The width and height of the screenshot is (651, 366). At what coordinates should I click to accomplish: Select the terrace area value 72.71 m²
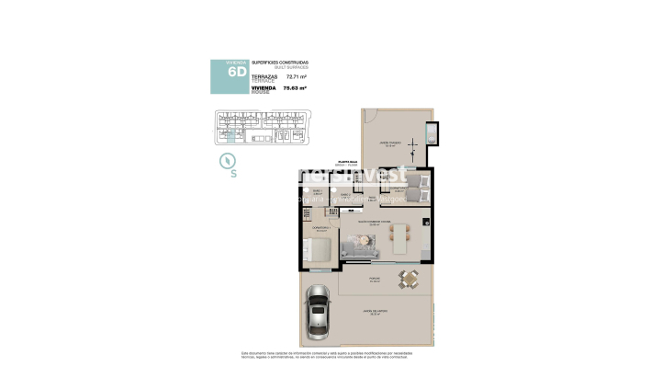[293, 77]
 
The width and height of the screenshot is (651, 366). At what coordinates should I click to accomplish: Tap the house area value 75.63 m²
[294, 89]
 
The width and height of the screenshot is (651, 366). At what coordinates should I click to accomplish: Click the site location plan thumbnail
[261, 128]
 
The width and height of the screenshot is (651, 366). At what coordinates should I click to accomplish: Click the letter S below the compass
[234, 173]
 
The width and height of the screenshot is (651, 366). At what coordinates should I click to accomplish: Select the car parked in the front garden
[317, 310]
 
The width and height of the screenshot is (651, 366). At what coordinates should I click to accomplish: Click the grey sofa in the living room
[357, 246]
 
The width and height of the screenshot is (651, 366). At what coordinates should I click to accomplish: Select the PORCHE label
[375, 278]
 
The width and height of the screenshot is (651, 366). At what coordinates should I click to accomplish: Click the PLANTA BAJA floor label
[349, 160]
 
